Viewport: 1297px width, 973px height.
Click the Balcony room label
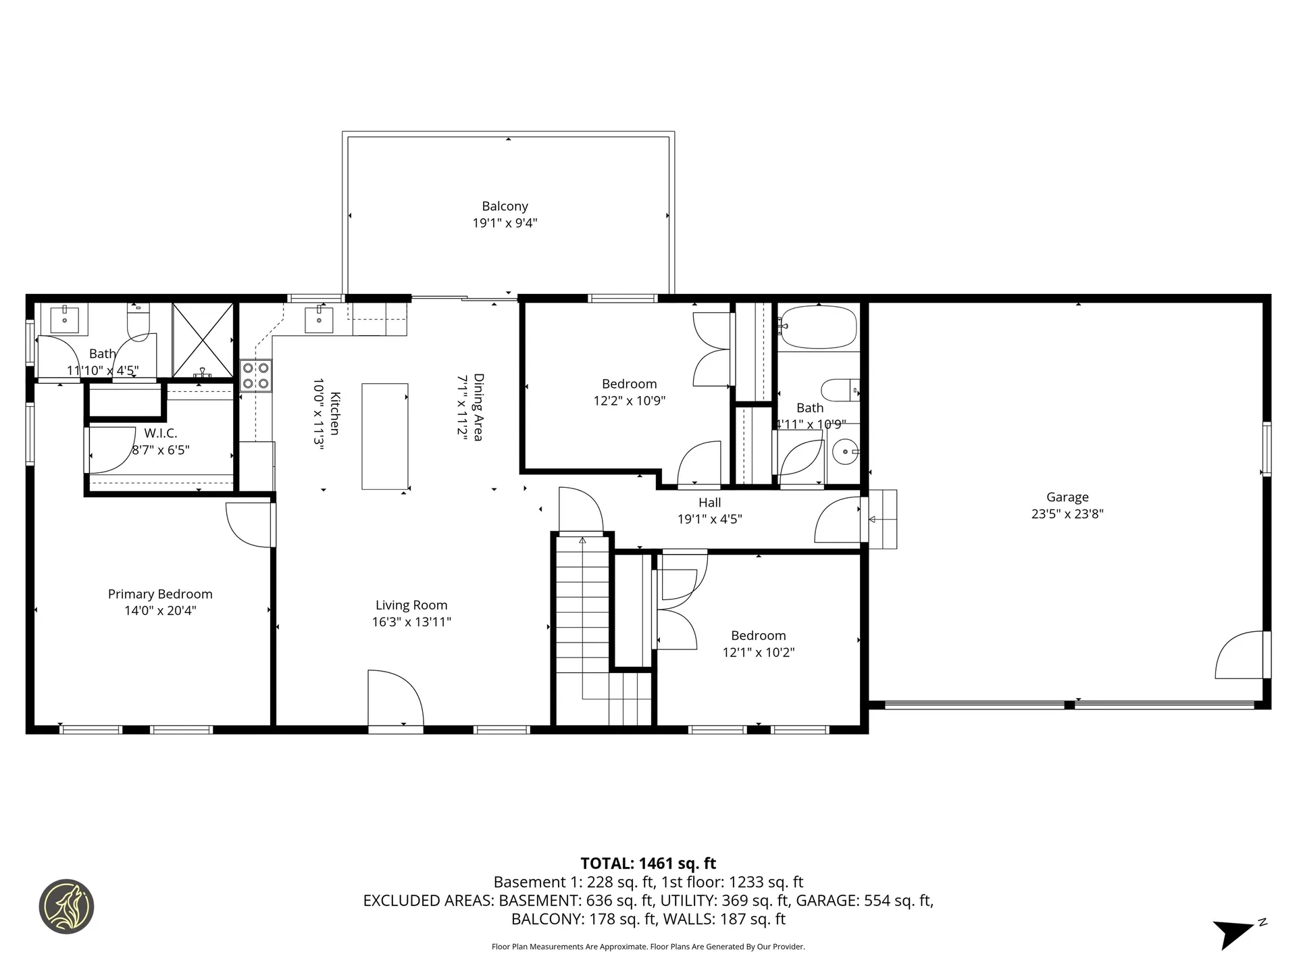click(505, 206)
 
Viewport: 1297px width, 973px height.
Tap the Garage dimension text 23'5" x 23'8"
click(1067, 514)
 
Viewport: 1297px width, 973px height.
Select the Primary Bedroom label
click(160, 594)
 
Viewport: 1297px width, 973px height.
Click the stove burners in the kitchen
click(256, 376)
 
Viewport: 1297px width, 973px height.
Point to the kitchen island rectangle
click(385, 436)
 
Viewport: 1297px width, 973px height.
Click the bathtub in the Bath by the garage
click(818, 327)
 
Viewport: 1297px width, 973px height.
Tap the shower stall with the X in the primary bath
click(203, 340)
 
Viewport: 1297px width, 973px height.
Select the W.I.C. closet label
click(160, 433)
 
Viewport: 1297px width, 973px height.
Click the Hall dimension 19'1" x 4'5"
click(709, 519)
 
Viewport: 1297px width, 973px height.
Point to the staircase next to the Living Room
click(582, 628)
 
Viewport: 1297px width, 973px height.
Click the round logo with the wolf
click(66, 906)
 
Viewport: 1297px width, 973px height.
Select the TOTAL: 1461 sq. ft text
click(648, 864)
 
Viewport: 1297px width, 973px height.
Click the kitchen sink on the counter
click(319, 319)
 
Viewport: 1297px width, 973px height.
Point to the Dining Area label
click(478, 407)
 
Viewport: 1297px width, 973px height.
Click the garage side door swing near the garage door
click(1240, 655)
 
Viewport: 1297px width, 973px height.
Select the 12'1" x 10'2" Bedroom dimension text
click(758, 652)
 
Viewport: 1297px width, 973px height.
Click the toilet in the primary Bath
click(138, 322)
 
